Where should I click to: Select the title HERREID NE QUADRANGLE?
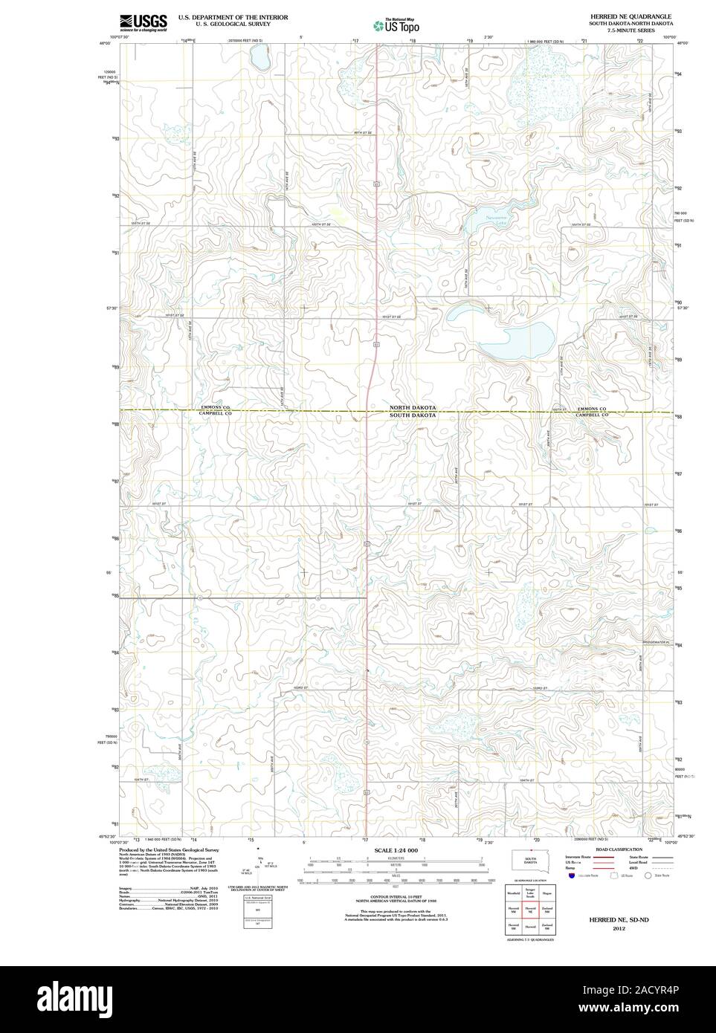tap(630, 16)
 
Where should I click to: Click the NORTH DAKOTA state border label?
tap(413, 408)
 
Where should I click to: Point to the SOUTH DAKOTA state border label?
tap(413, 415)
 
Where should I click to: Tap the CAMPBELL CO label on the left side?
tap(216, 415)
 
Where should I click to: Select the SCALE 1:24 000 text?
tap(396, 850)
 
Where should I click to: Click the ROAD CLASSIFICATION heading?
tap(613, 849)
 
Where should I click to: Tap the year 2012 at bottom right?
tap(619, 929)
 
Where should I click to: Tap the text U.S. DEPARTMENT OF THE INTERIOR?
tap(233, 16)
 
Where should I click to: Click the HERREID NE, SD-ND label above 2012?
tap(619, 920)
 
